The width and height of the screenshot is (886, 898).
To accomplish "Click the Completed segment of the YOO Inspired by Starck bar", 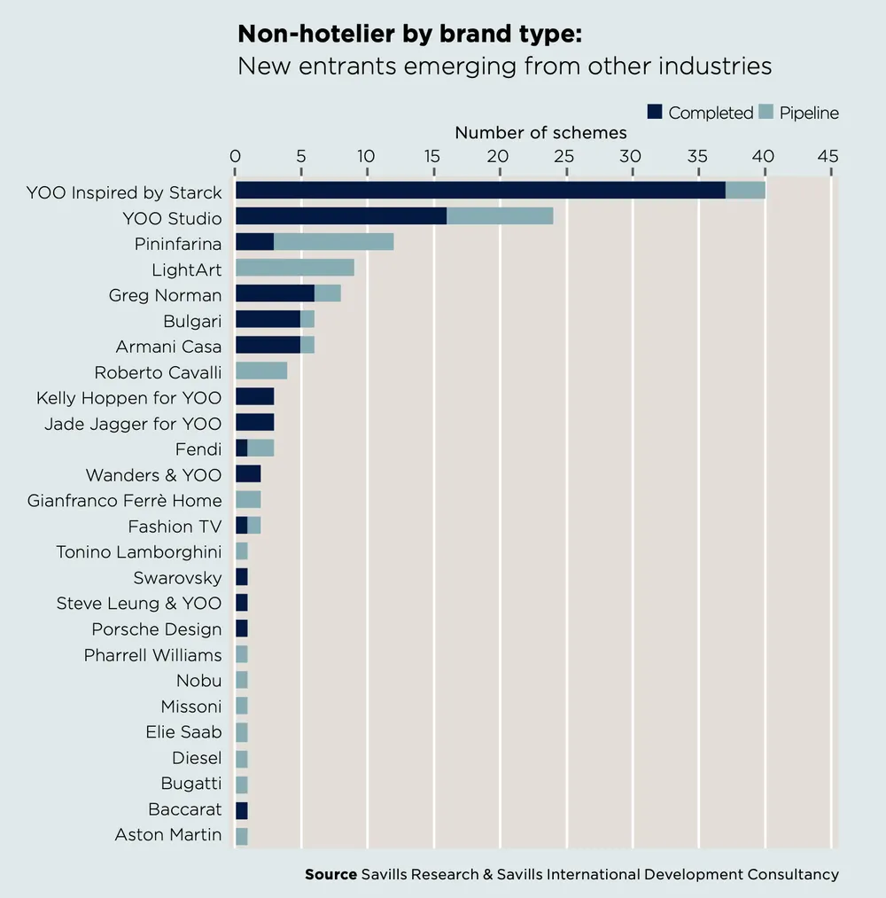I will click(479, 191).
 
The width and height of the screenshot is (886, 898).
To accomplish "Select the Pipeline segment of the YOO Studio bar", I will click(500, 216).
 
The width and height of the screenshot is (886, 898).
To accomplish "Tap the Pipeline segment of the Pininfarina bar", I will click(333, 242).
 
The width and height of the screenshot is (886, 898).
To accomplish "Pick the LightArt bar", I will click(294, 268).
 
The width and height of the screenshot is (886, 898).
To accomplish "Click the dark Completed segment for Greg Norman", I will click(275, 293).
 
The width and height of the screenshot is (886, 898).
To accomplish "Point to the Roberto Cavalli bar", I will click(261, 371).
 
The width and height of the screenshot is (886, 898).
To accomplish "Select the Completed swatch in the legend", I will click(655, 113).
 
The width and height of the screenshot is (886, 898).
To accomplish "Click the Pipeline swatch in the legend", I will click(766, 113).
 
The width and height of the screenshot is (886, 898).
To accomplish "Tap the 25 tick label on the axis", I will click(564, 156).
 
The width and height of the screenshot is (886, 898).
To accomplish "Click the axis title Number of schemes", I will click(540, 133).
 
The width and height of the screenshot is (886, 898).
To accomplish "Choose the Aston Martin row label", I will click(168, 835).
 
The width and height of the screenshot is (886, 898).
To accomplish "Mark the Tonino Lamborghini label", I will click(139, 552).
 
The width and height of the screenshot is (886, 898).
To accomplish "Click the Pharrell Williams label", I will click(153, 655).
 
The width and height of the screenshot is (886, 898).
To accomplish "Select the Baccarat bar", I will click(241, 809).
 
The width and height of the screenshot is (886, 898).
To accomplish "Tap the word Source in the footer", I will click(330, 874).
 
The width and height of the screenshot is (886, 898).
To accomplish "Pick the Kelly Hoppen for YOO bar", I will click(254, 396).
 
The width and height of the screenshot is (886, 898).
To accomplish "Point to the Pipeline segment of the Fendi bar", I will click(260, 449).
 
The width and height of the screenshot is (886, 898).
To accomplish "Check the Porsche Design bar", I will click(241, 629).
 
